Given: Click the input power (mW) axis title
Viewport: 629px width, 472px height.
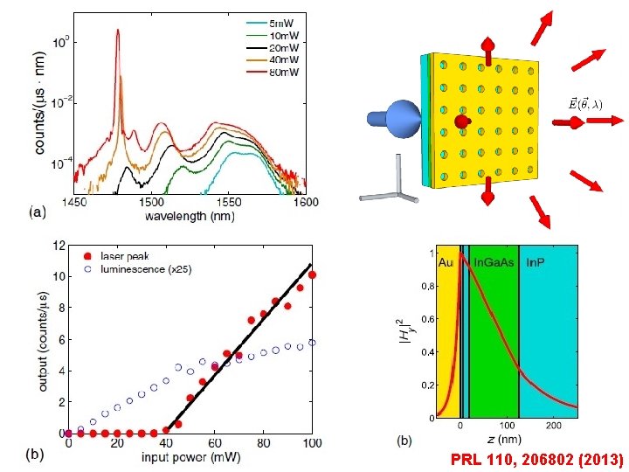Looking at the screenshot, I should (x=190, y=457).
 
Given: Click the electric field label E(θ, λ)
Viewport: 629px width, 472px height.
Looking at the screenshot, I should (x=584, y=103).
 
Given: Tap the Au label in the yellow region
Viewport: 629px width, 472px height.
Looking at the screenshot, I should (x=446, y=260).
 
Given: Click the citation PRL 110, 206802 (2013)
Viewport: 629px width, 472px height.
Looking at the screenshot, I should (x=536, y=458).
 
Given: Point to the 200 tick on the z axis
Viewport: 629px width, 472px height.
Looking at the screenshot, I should (x=553, y=426).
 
